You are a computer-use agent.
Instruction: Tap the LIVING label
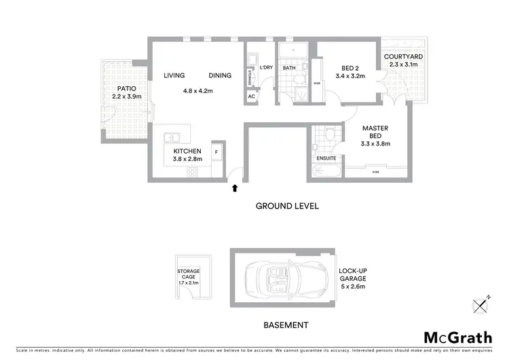[174, 75]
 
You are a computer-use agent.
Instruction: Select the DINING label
[220, 75]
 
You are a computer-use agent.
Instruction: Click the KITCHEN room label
[187, 151]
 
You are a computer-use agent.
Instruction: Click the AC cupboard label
[251, 96]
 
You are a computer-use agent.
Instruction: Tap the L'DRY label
[265, 68]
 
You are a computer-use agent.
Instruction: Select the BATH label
[289, 68]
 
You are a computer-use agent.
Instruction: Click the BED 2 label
[350, 67]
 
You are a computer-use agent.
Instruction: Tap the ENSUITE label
[326, 158]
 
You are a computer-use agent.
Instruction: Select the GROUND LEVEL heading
[286, 206]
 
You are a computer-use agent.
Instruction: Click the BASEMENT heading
[286, 325]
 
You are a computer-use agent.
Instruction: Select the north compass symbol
[482, 304]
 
